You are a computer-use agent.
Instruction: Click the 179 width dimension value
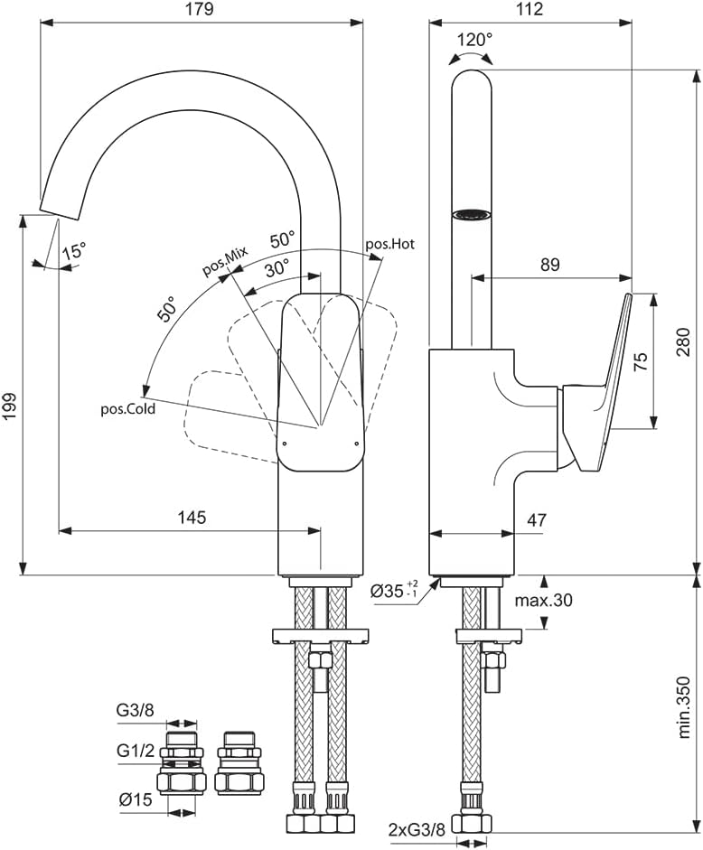(201, 10)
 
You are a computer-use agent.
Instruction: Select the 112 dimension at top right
(530, 10)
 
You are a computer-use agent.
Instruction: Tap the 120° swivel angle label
(474, 40)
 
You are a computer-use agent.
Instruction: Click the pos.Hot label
(389, 244)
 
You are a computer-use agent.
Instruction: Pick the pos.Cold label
(127, 408)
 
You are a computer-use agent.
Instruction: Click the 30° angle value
(277, 267)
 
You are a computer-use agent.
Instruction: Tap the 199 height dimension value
(10, 393)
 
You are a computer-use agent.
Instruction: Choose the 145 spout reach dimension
(192, 518)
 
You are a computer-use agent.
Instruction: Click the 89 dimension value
(549, 265)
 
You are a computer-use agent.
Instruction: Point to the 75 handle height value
(641, 361)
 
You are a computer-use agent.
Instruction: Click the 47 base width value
(536, 519)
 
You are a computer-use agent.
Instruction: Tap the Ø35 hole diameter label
(394, 593)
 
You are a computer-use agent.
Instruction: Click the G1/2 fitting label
(135, 751)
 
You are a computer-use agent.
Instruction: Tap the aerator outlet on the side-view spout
(471, 214)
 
